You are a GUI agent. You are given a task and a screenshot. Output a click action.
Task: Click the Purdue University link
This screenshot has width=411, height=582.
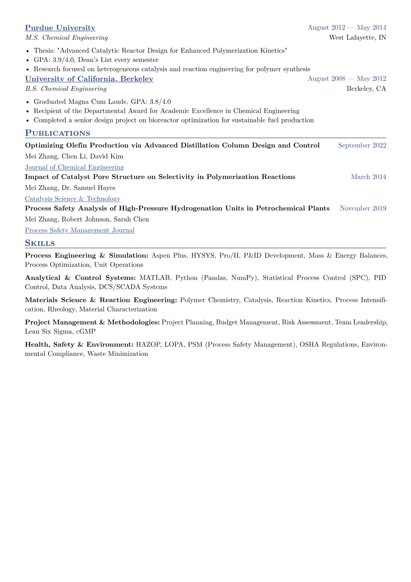(x=60, y=28)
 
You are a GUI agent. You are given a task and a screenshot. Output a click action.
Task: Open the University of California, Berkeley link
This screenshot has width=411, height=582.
(x=89, y=79)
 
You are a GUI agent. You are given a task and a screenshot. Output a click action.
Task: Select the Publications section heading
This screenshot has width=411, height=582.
(x=57, y=133)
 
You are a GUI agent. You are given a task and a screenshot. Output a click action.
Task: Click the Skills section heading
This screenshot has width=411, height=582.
(x=40, y=243)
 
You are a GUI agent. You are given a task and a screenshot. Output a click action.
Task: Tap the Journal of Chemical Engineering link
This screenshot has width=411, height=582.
(x=74, y=167)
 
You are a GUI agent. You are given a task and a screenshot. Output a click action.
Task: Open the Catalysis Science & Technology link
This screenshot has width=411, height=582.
(x=73, y=199)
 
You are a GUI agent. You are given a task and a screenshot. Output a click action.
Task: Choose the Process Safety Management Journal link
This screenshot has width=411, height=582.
(x=79, y=230)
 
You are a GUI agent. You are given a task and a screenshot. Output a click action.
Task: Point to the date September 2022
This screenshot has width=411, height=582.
(x=362, y=146)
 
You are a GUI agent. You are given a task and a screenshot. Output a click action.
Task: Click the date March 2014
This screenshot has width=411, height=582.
(x=368, y=177)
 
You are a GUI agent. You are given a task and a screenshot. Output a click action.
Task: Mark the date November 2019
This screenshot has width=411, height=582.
(x=363, y=209)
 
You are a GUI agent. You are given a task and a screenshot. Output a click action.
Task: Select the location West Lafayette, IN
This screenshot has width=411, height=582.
(x=357, y=38)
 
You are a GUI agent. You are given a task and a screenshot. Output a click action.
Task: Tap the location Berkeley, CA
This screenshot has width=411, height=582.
(x=366, y=89)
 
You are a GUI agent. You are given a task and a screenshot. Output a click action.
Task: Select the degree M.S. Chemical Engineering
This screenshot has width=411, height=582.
(x=66, y=38)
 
